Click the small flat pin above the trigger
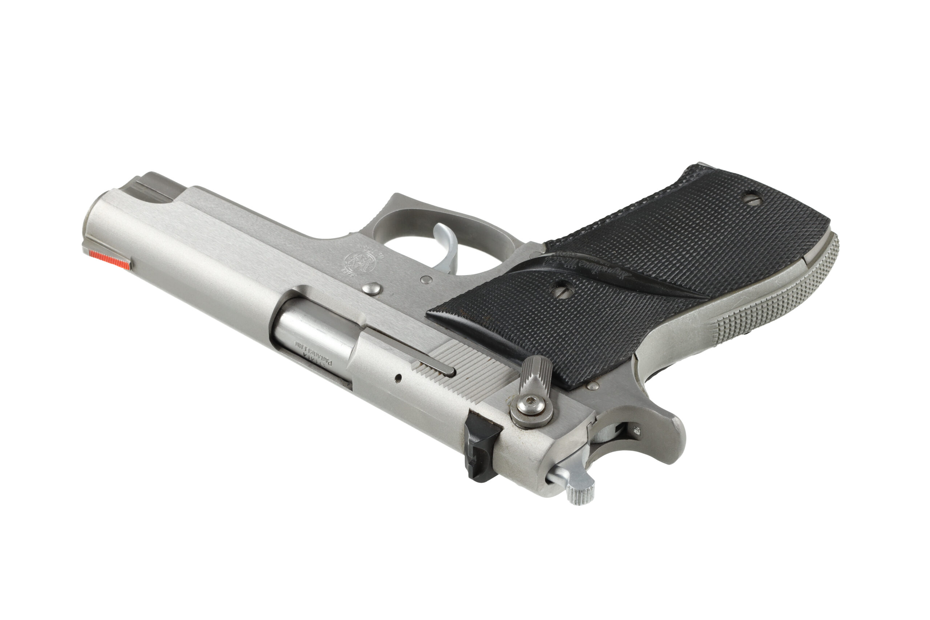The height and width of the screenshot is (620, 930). (426, 280)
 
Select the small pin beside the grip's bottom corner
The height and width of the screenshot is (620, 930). (592, 385)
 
